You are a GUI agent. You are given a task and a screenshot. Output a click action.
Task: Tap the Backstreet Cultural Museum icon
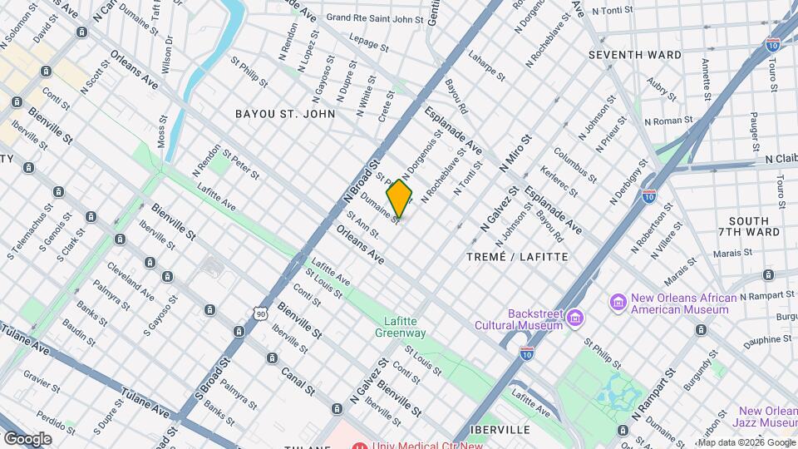(574, 317)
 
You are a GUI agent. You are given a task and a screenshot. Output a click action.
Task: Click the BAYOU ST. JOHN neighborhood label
(285, 113)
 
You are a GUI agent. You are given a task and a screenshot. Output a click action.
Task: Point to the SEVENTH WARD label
(634, 55)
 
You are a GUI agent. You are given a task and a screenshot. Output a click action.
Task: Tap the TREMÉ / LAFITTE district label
(518, 257)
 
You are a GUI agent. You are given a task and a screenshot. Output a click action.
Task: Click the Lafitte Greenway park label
(405, 327)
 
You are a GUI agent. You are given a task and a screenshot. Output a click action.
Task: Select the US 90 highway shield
(261, 313)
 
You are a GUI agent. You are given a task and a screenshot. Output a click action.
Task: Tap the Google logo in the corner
(27, 438)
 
